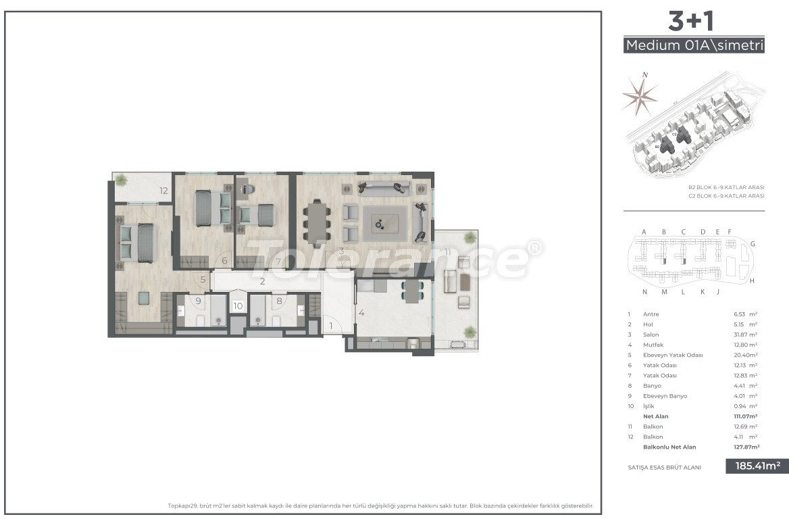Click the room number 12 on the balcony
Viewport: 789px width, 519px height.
pos(163,191)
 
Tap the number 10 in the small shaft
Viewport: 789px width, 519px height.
pos(238,306)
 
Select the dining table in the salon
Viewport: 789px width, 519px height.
pos(317,221)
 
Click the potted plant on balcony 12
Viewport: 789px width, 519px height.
pos(121,180)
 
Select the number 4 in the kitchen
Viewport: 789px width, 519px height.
pos(362,313)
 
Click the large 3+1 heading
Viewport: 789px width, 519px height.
pos(692,22)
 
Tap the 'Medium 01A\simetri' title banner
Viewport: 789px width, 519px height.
pos(694,46)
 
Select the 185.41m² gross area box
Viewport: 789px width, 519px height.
pos(757,466)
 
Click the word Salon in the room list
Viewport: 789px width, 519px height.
pos(651,335)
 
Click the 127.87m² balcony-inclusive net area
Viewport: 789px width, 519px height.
pos(746,447)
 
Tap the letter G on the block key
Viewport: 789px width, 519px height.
pos(752,243)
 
